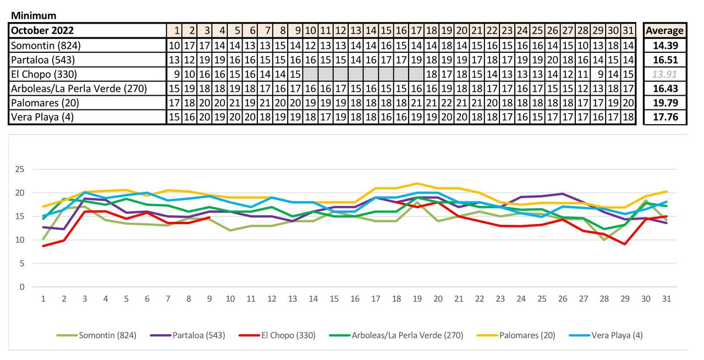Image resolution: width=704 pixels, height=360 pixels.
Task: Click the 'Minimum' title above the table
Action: click(x=34, y=16)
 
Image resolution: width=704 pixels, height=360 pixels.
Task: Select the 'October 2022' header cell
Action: click(x=42, y=31)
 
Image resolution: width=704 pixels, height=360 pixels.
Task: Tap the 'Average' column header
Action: click(x=664, y=31)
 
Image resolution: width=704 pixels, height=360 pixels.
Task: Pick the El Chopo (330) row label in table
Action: click(x=44, y=74)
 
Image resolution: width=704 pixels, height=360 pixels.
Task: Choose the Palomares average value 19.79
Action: click(x=664, y=103)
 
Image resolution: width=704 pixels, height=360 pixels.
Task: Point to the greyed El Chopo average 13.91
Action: click(x=664, y=74)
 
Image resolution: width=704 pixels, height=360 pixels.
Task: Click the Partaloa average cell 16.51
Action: click(x=664, y=60)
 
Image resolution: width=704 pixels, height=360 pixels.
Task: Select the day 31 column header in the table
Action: click(x=629, y=31)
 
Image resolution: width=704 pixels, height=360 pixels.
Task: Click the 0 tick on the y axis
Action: click(x=23, y=287)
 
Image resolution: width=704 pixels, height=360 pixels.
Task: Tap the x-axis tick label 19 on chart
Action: click(x=417, y=299)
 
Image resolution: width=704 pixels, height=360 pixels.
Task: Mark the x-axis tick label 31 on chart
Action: click(x=666, y=299)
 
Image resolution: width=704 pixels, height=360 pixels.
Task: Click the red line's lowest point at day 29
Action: click(x=624, y=244)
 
